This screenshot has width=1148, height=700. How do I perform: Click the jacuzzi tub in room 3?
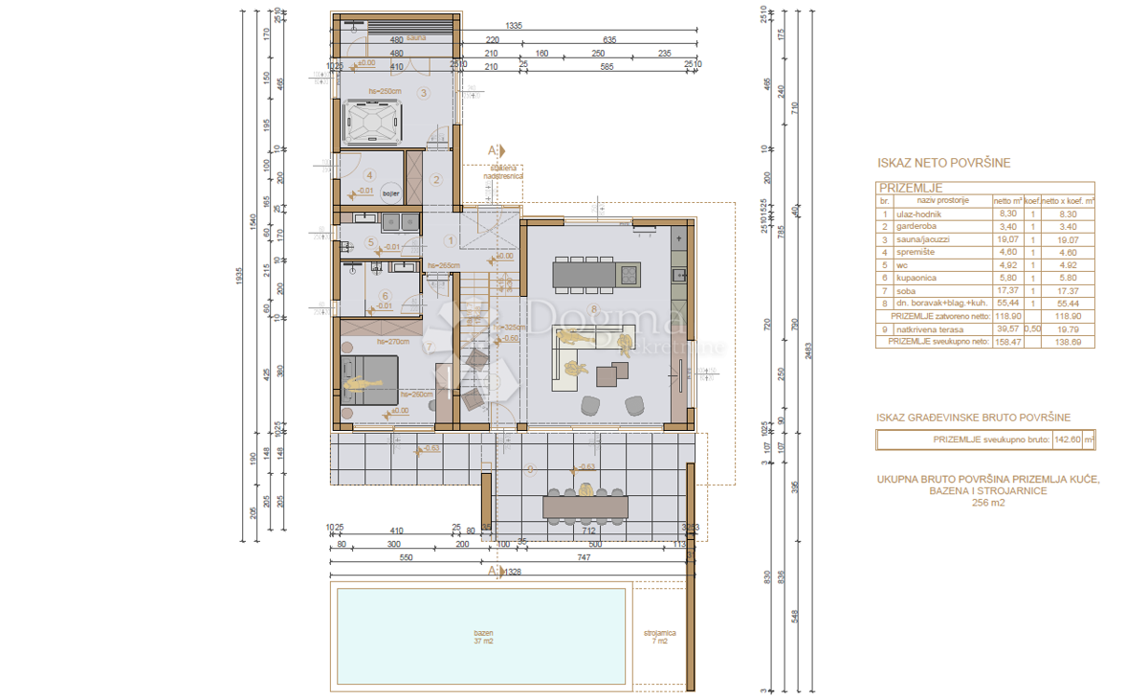(368, 122)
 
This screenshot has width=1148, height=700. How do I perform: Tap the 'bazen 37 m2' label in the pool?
(483, 638)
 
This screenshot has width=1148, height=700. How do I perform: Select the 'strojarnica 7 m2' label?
(660, 638)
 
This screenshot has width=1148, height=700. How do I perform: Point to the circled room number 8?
(594, 308)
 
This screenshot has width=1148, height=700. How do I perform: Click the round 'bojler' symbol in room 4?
(390, 192)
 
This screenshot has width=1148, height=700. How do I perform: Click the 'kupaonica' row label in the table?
(916, 278)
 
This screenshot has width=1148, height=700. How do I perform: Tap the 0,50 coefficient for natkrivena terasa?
(1032, 327)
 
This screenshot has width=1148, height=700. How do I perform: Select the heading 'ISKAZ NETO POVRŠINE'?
(942, 164)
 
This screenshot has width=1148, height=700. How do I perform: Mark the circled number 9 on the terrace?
(530, 468)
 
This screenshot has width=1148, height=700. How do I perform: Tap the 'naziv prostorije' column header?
(942, 201)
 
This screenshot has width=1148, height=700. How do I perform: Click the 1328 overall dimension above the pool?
(514, 573)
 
